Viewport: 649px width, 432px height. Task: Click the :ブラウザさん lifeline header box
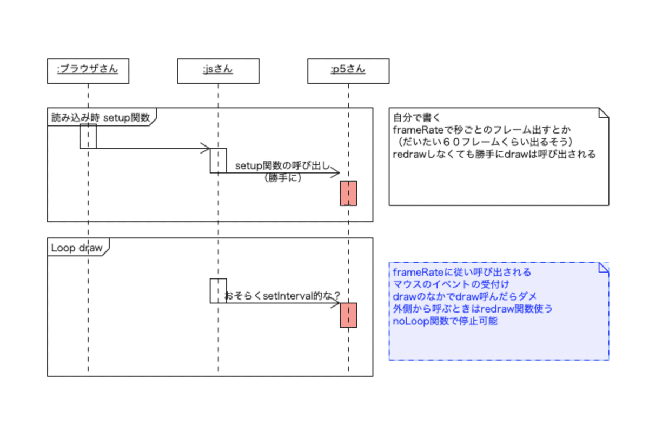(88, 70)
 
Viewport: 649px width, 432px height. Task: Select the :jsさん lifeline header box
(218, 70)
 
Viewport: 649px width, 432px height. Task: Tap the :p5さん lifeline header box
(348, 70)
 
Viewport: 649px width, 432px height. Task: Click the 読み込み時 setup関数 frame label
(101, 117)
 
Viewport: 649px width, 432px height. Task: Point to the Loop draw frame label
(76, 248)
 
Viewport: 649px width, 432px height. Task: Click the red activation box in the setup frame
(348, 193)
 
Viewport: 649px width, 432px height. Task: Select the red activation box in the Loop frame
(348, 315)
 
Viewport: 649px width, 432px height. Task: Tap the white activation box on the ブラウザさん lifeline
(88, 136)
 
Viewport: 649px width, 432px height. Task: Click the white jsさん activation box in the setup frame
(218, 161)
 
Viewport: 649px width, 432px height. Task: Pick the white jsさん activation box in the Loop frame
(218, 290)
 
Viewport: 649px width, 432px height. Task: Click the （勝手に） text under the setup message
(282, 178)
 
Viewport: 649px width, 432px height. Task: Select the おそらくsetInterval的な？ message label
(282, 296)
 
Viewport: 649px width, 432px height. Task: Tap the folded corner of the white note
(603, 113)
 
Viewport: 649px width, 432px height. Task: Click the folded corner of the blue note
(603, 268)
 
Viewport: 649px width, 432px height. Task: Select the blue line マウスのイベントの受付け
(451, 284)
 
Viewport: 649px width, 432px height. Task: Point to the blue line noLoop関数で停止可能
(446, 321)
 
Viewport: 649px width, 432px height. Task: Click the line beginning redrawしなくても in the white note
(494, 154)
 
